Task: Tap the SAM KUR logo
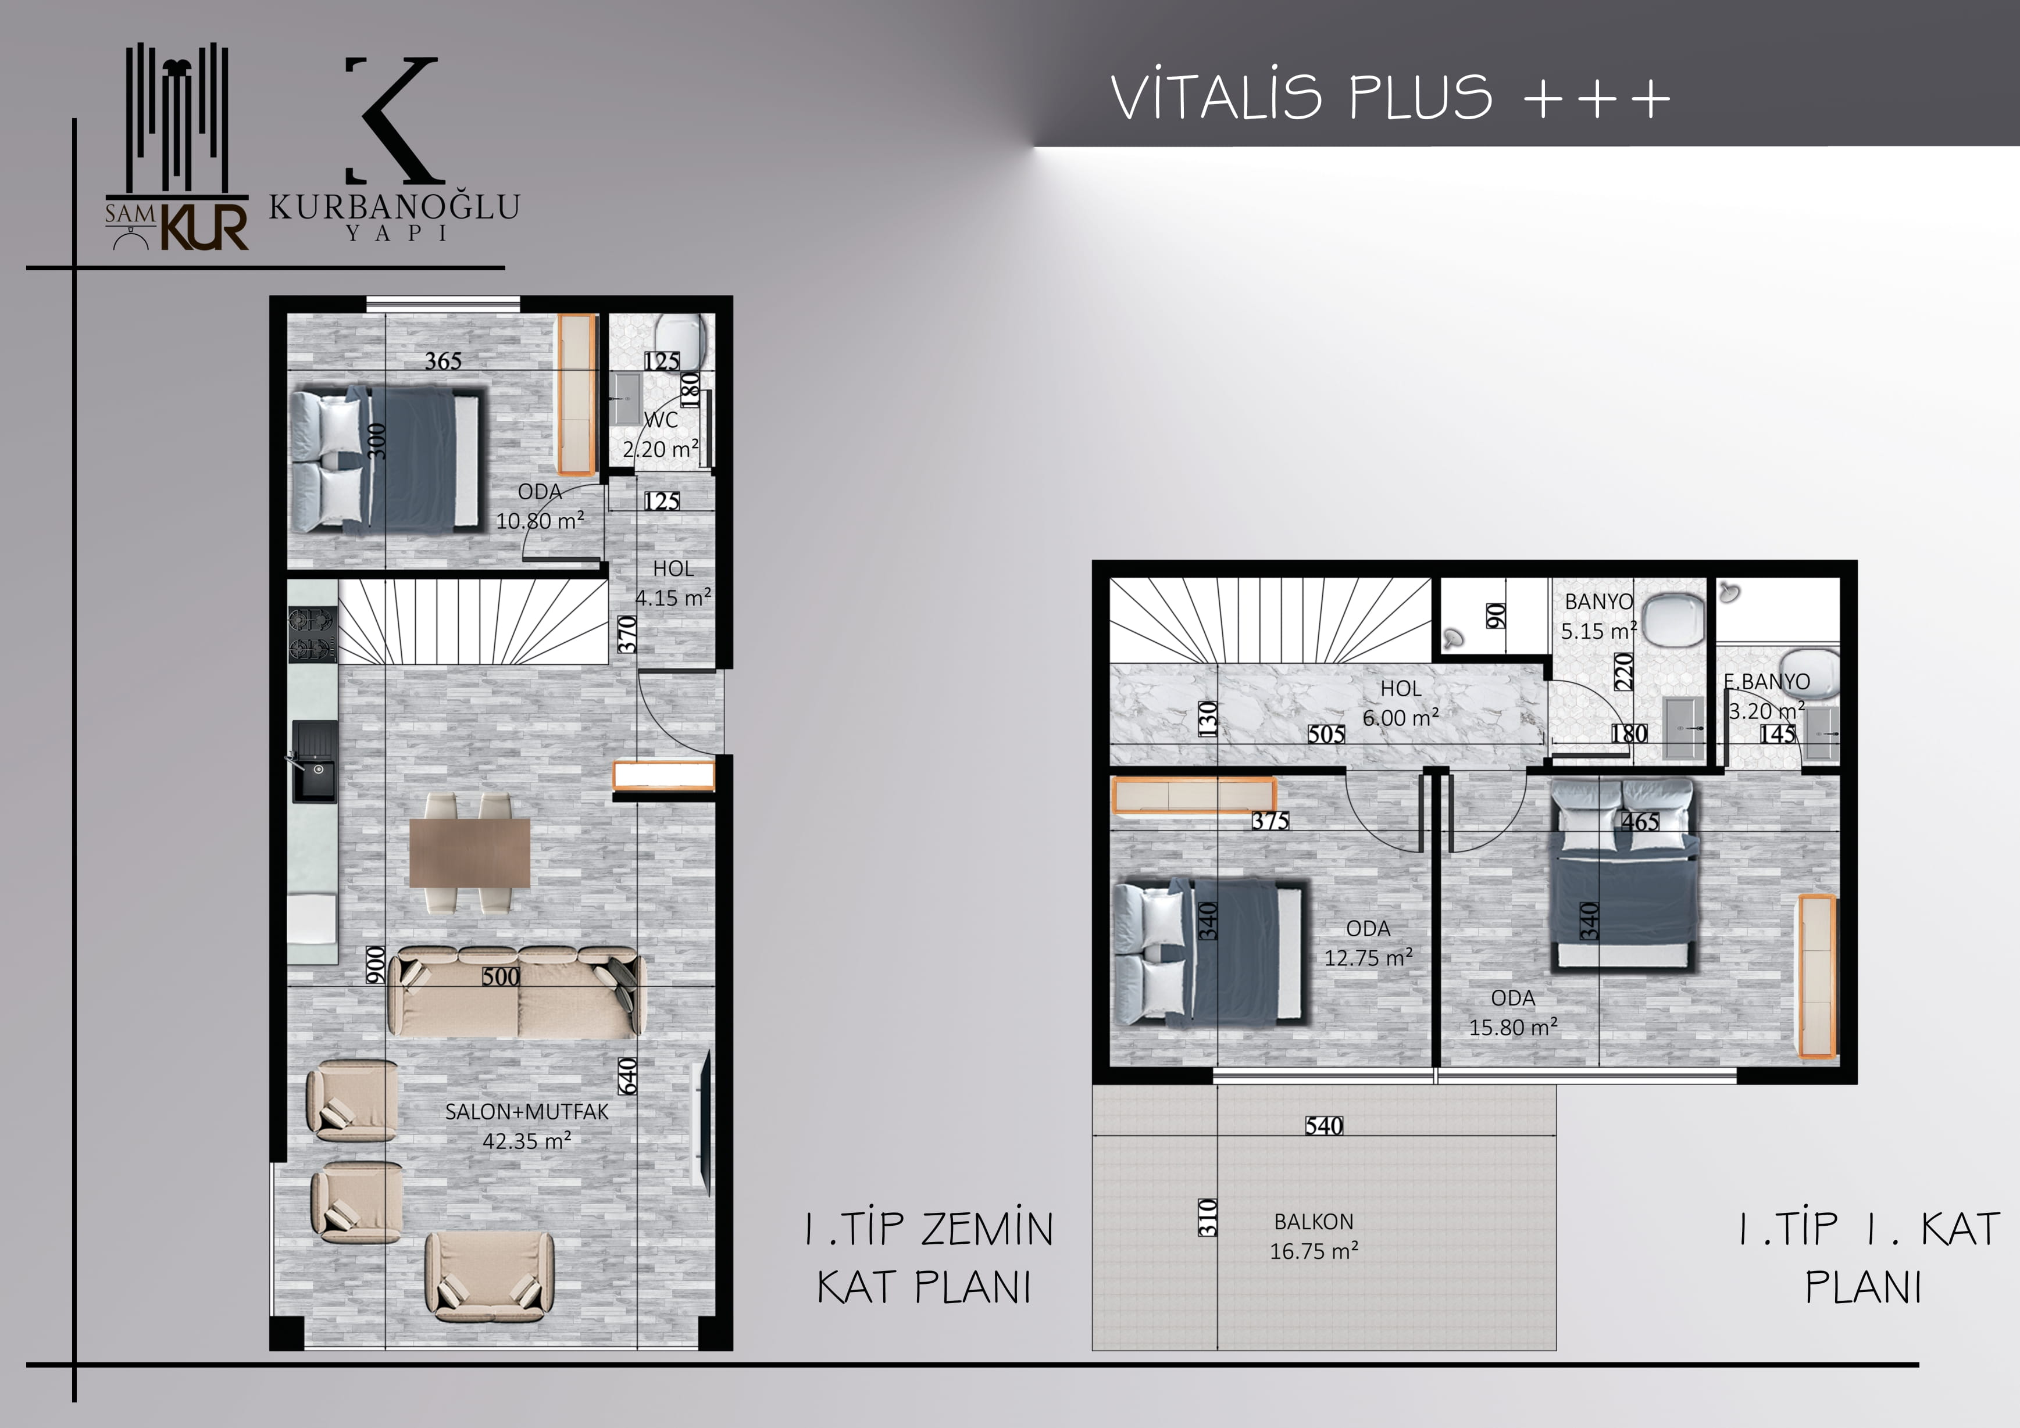pyautogui.click(x=177, y=147)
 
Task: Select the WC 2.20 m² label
pyautogui.click(x=661, y=434)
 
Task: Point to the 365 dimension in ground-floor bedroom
pyautogui.click(x=444, y=360)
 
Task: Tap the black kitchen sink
pyautogui.click(x=314, y=761)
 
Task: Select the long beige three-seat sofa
pyautogui.click(x=518, y=993)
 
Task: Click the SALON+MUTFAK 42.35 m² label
pyautogui.click(x=526, y=1126)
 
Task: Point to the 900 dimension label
pyautogui.click(x=376, y=965)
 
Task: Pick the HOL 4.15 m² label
pyautogui.click(x=673, y=583)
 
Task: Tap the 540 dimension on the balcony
pyautogui.click(x=1324, y=1126)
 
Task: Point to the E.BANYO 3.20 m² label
pyautogui.click(x=1766, y=696)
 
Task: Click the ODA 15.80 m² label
pyautogui.click(x=1513, y=1012)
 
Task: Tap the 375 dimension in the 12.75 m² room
pyautogui.click(x=1270, y=821)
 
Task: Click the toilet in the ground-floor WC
pyautogui.click(x=682, y=342)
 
